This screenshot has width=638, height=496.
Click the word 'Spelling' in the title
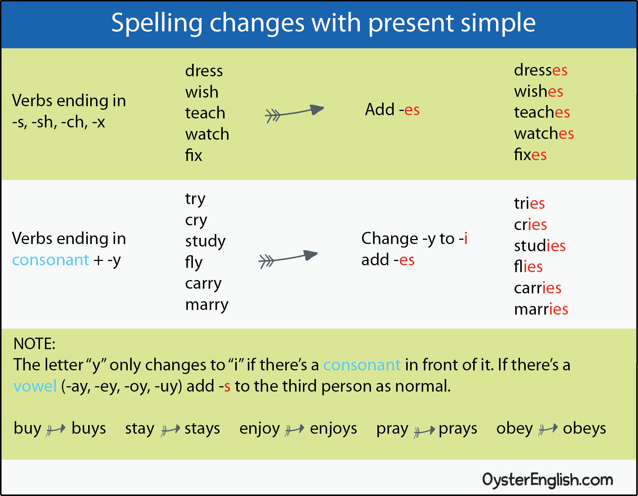[x=157, y=23]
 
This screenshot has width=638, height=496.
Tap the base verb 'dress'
[x=204, y=71]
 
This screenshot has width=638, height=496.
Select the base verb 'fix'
[x=194, y=155]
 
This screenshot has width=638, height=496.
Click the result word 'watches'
[x=544, y=133]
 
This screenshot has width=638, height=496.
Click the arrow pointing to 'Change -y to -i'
[x=288, y=258]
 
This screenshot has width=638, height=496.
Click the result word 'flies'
[x=528, y=266]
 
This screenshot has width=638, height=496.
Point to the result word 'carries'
[x=538, y=288]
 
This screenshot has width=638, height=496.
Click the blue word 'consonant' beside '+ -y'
[x=51, y=260]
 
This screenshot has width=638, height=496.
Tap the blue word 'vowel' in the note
[x=35, y=386]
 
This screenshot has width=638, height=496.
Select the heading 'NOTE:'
[x=35, y=344]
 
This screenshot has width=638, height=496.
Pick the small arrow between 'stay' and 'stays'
[x=170, y=429]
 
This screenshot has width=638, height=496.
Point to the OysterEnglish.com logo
[x=548, y=480]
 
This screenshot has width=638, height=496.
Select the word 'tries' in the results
[x=529, y=203]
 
